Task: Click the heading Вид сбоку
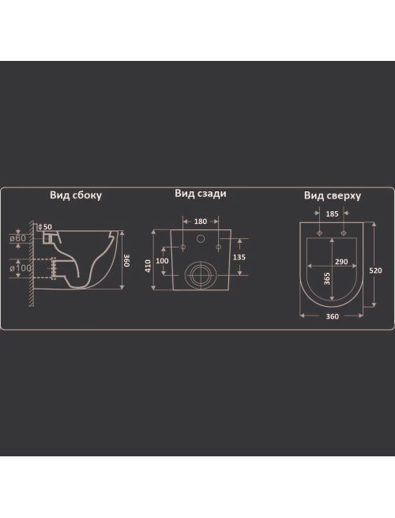tap(76, 195)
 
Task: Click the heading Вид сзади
tap(201, 193)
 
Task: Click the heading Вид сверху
tap(333, 195)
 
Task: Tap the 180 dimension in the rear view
tap(201, 221)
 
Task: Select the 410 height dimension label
tap(148, 266)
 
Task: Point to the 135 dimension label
tap(239, 257)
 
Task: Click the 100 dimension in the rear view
tap(162, 261)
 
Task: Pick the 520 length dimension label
tap(375, 270)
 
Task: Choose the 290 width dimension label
tap(341, 262)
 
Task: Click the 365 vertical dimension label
tap(327, 279)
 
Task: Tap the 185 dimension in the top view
tap(332, 214)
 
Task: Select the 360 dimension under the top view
tap(332, 316)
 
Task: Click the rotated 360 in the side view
tap(127, 260)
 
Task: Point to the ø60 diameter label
tap(18, 238)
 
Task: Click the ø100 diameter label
tap(21, 268)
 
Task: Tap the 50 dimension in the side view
tap(47, 227)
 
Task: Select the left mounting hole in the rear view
tap(183, 247)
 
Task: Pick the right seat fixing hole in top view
tap(344, 233)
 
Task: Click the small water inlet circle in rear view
tap(201, 239)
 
